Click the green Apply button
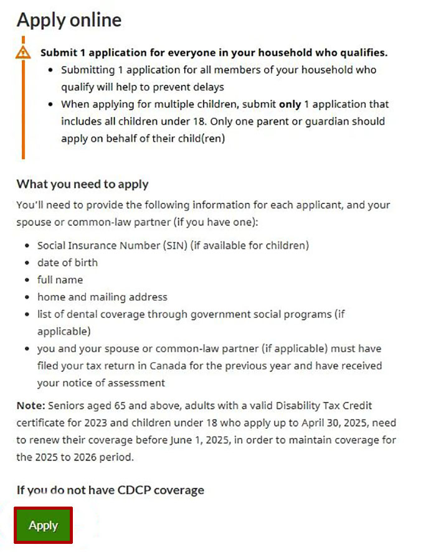click(43, 525)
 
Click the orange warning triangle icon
click(23, 52)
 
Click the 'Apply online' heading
click(69, 20)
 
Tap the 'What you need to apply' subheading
click(82, 184)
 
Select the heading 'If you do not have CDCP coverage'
click(110, 490)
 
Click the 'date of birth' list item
click(67, 263)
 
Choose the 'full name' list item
click(60, 280)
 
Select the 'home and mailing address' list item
click(102, 297)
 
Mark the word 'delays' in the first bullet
click(207, 87)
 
